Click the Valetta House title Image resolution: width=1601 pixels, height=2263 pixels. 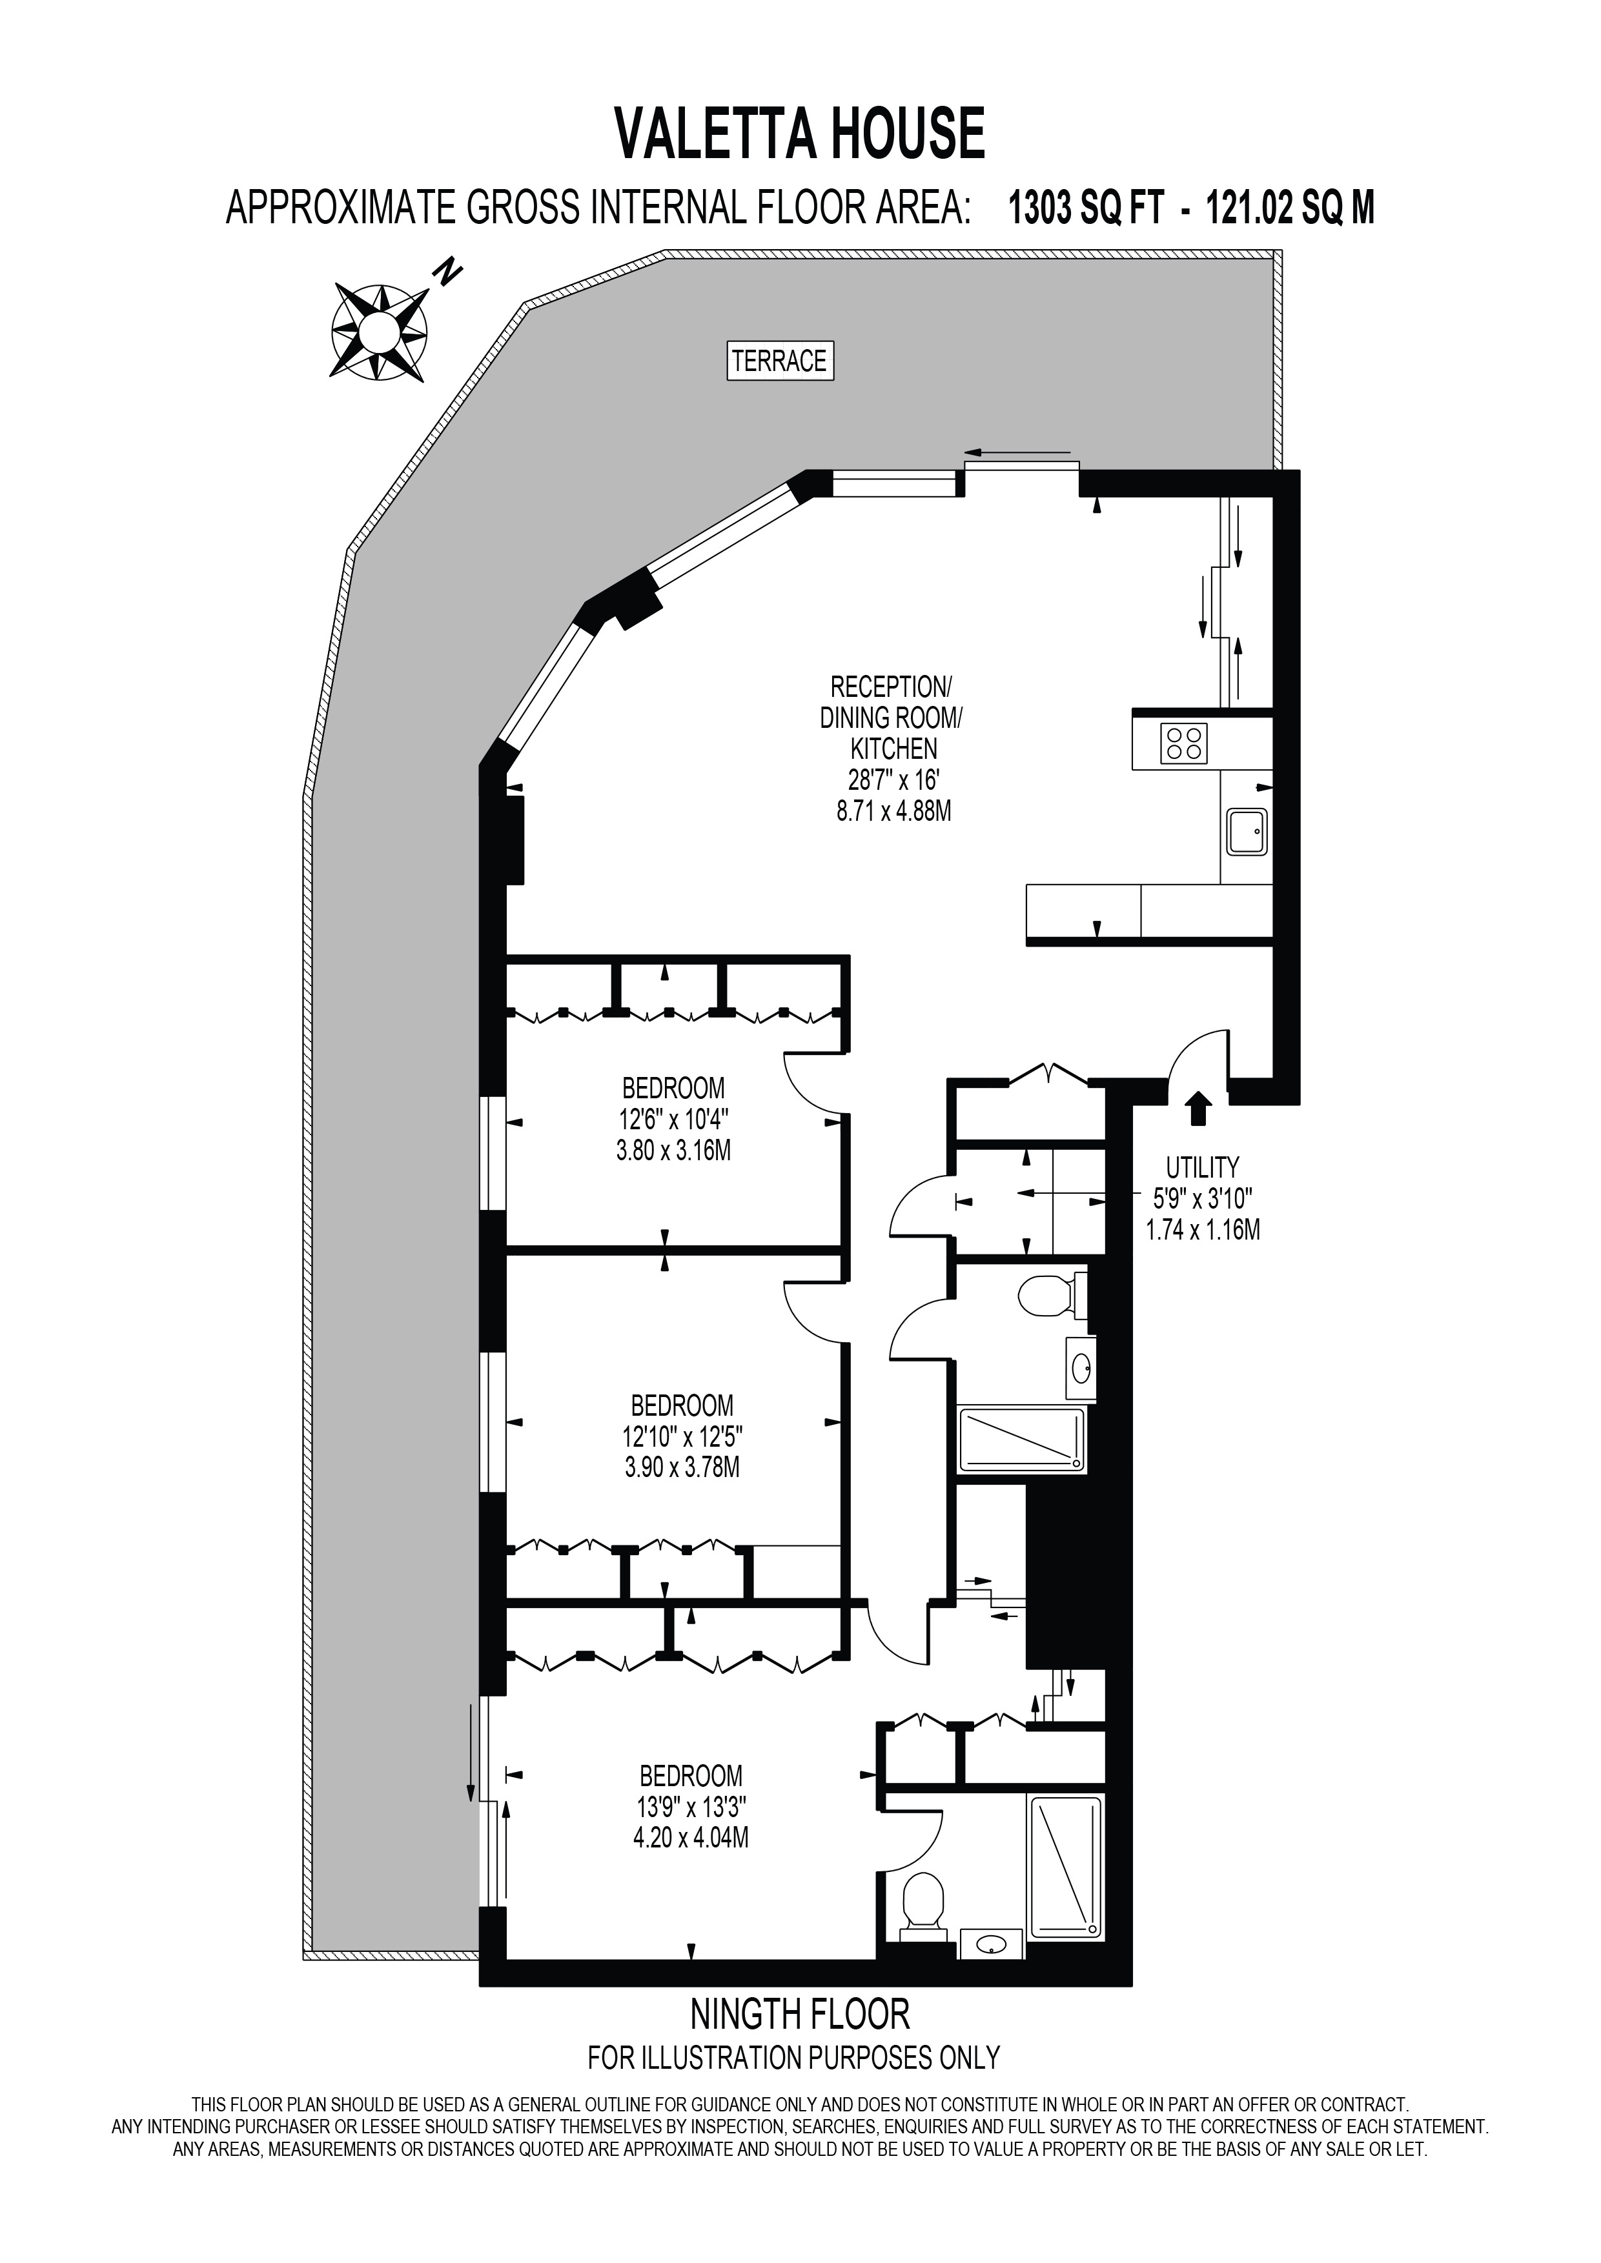point(799,134)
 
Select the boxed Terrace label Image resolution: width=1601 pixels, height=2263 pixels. point(779,361)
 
